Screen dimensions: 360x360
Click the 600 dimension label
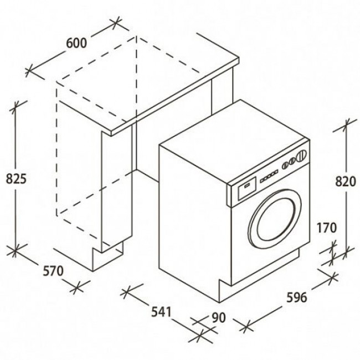pos(76,43)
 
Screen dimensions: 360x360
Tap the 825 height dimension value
pos(16,178)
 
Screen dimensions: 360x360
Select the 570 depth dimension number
pos(53,271)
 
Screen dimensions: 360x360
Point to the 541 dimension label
pos(161,312)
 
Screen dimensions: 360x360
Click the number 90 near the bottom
pos(219,317)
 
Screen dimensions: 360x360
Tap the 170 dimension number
pos(327,228)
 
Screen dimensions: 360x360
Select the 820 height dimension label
pos(346,181)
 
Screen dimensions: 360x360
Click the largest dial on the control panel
pos(302,155)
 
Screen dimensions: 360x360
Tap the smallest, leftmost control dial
pos(285,165)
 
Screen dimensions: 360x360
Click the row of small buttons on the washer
pos(269,176)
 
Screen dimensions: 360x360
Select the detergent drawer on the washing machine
pos(247,188)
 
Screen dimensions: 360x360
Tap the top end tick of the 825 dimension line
pos(16,107)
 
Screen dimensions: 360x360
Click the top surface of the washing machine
pos(234,142)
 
